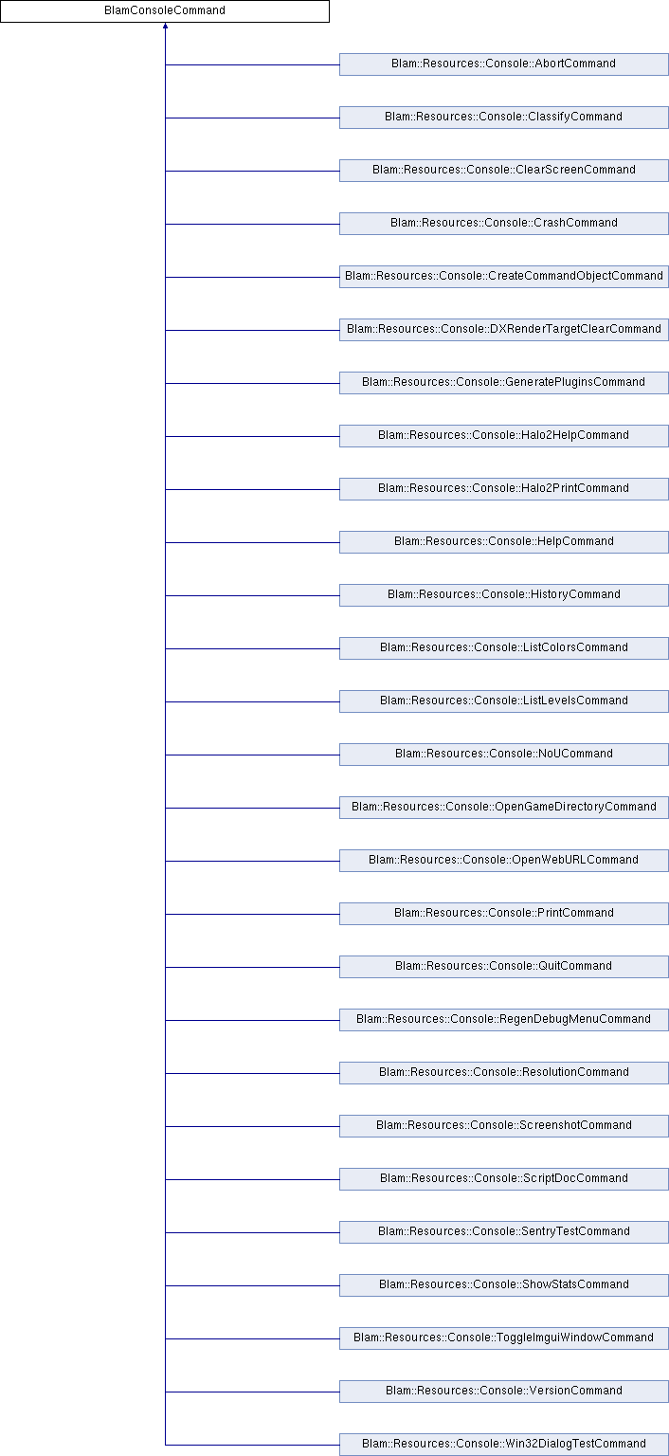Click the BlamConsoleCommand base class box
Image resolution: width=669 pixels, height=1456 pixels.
165,11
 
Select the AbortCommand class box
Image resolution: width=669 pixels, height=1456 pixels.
504,64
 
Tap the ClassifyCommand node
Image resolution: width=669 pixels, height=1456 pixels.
504,118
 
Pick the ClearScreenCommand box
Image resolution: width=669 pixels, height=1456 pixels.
504,171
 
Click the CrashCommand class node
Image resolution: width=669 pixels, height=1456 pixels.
504,224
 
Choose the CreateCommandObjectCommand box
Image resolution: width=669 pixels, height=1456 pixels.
504,277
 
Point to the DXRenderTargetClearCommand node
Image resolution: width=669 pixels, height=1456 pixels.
504,330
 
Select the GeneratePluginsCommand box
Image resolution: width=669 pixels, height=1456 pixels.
504,383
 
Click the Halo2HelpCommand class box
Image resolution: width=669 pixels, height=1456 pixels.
504,436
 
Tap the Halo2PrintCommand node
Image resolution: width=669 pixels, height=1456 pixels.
504,489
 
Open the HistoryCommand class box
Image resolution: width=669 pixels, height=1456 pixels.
504,595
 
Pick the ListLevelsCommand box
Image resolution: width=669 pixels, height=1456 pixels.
504,701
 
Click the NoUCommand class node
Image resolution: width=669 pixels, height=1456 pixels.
504,755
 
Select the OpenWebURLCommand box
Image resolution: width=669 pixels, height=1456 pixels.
504,861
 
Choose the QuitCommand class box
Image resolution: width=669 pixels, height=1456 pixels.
504,967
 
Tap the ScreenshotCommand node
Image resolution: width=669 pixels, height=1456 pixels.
504,1126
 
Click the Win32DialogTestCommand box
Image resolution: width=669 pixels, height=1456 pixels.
504,1445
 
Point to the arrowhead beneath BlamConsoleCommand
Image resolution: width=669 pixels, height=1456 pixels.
166,26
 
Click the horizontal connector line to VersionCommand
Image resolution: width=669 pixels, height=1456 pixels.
253,1392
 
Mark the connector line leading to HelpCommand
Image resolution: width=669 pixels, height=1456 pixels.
253,542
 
